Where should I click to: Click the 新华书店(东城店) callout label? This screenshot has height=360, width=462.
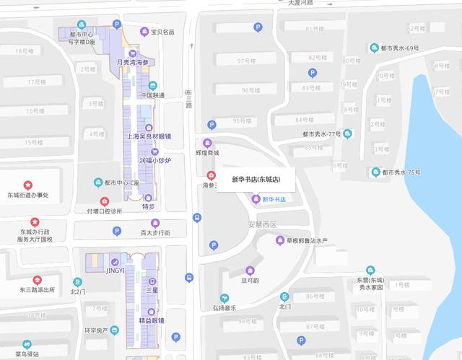[x=256, y=179]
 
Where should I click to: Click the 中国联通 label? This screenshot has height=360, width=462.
[x=152, y=95]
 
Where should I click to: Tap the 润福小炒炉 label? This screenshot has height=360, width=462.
[x=154, y=161]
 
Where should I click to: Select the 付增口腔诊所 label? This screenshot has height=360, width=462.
[x=105, y=211]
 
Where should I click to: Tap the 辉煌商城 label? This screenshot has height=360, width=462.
[x=207, y=152]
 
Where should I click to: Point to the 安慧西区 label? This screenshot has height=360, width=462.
[x=262, y=224]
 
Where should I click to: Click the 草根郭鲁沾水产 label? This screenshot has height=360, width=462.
[x=308, y=240]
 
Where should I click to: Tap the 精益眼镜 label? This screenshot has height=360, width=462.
[x=152, y=320]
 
